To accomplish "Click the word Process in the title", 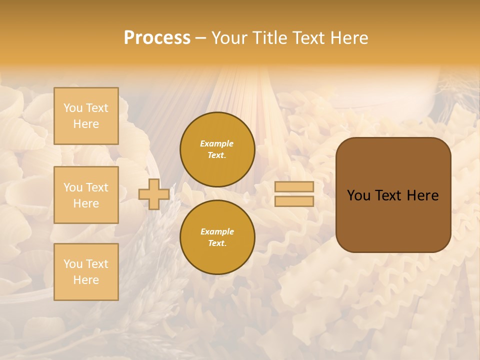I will (157, 38).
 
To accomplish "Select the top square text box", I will (86, 116).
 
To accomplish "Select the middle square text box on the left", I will (86, 195).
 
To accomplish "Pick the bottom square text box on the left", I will (86, 272).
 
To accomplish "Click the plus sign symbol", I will (154, 194).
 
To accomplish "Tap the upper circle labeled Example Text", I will (217, 149).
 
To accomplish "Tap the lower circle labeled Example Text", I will (217, 237).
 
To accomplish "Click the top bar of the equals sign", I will (294, 187).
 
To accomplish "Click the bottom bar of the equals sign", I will (294, 201).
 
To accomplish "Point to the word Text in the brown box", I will (389, 195).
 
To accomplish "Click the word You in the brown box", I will (358, 195).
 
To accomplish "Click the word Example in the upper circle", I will (217, 144).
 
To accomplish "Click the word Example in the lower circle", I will (217, 232).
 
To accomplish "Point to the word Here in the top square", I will (86, 124).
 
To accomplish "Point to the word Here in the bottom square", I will (86, 280).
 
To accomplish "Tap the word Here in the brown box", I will (422, 195).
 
